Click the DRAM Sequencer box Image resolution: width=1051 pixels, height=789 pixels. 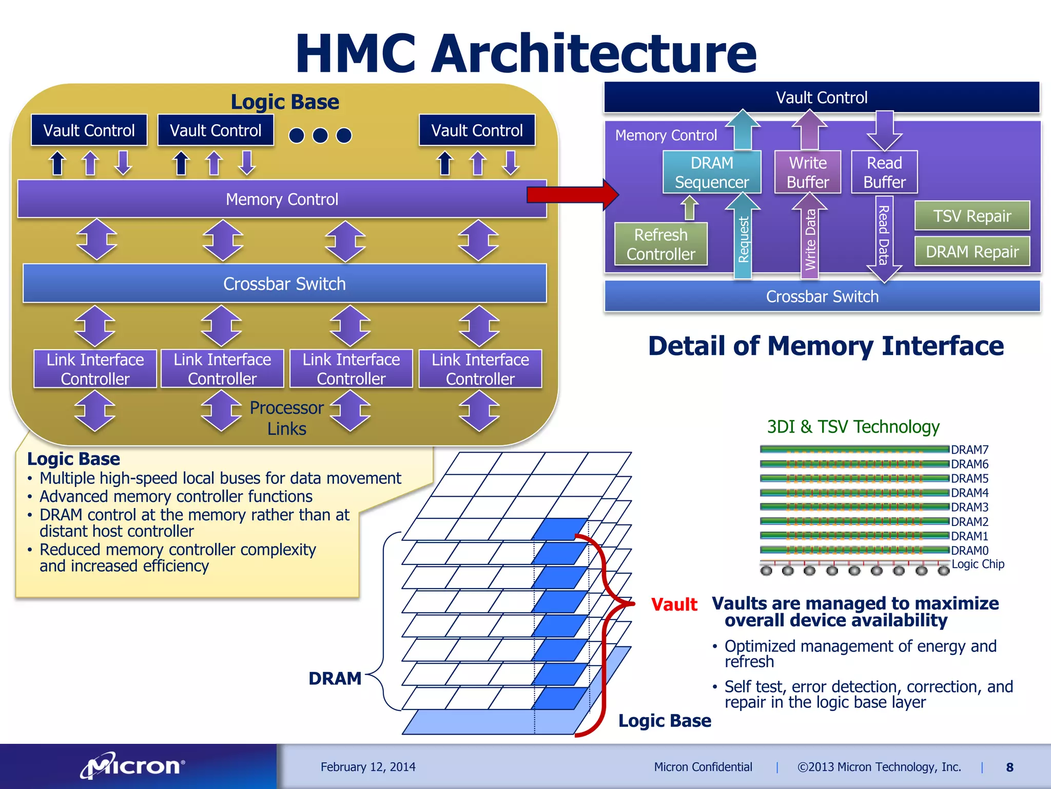(x=711, y=172)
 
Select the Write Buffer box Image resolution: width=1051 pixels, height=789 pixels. (x=807, y=172)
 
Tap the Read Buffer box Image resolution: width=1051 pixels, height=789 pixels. (x=884, y=172)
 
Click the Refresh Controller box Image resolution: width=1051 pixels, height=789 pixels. (x=660, y=244)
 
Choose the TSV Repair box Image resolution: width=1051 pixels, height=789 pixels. (x=971, y=216)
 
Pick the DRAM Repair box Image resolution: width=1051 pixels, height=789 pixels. (x=971, y=252)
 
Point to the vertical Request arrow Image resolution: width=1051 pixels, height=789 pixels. (x=743, y=239)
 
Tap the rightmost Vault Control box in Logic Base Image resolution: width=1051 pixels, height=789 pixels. (x=477, y=130)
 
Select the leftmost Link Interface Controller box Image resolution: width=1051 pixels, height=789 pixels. (x=95, y=369)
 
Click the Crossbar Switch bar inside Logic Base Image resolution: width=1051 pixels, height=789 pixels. (x=284, y=284)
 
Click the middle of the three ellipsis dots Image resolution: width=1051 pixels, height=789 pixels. (x=320, y=135)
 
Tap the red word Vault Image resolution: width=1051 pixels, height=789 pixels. (x=674, y=605)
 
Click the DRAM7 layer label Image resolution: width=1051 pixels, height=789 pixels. (x=969, y=450)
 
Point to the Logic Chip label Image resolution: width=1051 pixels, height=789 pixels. (x=978, y=564)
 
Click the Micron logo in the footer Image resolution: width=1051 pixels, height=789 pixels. (x=132, y=766)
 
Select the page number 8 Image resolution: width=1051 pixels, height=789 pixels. (x=1009, y=767)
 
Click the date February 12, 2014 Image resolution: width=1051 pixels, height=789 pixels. (x=368, y=767)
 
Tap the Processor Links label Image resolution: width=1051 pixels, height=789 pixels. (x=286, y=418)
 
